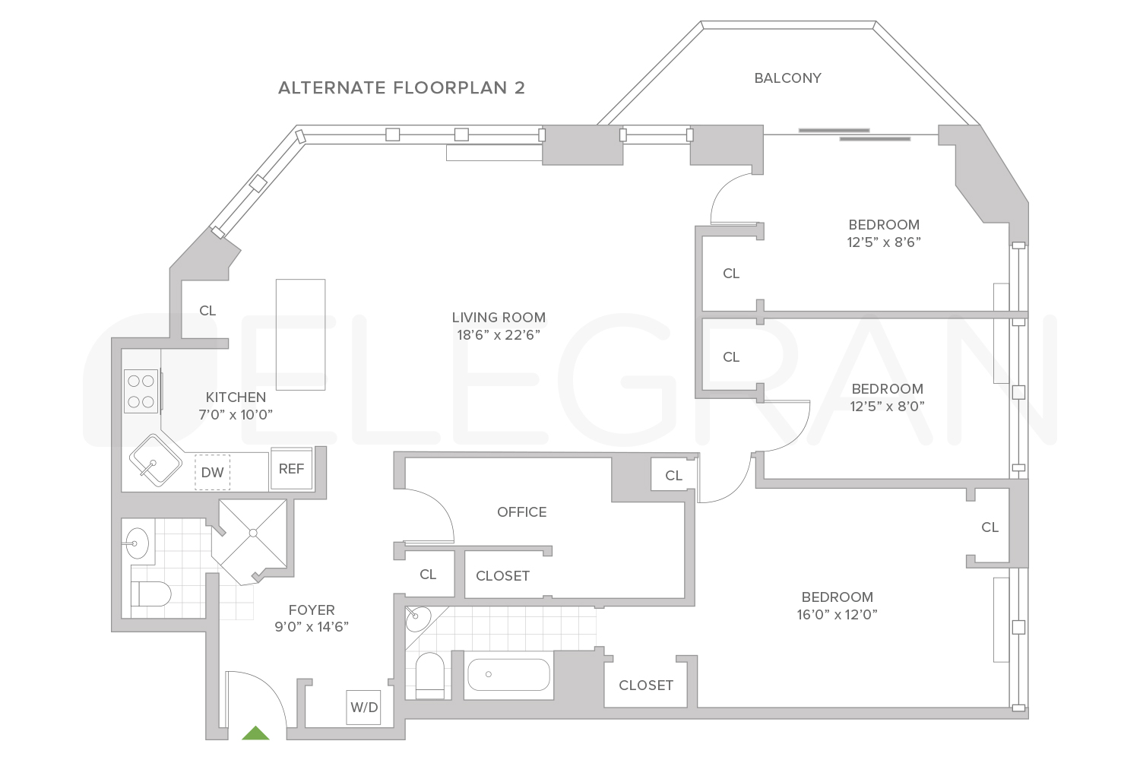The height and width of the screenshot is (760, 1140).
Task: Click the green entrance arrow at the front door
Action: (255, 733)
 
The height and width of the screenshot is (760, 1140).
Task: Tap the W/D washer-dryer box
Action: (363, 708)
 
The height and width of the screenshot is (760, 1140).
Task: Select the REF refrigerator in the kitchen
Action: (291, 469)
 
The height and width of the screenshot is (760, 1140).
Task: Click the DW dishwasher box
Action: (212, 473)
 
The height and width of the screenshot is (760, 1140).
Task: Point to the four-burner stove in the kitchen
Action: (141, 391)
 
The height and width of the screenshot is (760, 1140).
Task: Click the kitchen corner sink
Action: (155, 460)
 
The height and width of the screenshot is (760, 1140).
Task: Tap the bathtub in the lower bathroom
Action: (508, 675)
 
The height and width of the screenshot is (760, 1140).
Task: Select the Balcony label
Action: (787, 78)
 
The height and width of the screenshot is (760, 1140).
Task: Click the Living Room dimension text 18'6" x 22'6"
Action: (499, 334)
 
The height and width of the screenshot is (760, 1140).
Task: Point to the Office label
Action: (521, 512)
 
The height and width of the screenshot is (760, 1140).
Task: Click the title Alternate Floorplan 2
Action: (401, 88)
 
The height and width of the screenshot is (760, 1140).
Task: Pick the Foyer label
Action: (312, 610)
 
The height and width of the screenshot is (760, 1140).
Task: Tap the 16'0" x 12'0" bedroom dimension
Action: (837, 615)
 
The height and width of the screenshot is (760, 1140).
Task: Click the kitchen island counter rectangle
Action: (300, 334)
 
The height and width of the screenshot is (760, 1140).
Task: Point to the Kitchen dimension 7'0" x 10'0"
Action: (236, 415)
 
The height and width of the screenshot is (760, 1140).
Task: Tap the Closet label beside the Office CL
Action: (502, 576)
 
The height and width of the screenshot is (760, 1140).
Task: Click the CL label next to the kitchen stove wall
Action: (207, 311)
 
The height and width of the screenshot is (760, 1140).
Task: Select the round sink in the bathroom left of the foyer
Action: (138, 543)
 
